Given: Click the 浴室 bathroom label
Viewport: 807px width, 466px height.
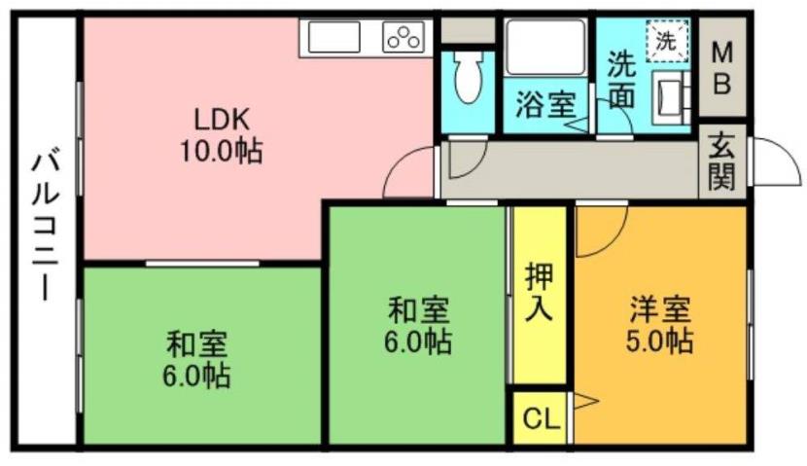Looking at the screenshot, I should click(544, 103).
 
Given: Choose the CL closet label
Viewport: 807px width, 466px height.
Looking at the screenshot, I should click(540, 419).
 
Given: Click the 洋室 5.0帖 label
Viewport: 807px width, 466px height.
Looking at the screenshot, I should click(659, 324).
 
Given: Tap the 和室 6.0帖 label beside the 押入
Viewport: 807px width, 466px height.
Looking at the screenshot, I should click(418, 326).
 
